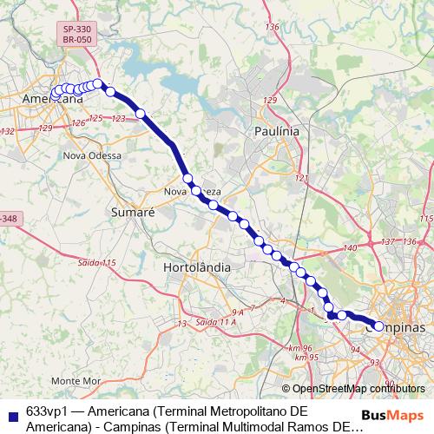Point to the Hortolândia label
(x=197, y=268)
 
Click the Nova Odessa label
(x=92, y=155)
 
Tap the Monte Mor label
(x=76, y=381)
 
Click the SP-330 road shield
(x=77, y=30)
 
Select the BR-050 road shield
(x=77, y=41)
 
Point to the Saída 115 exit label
(x=96, y=262)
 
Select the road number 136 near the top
(x=273, y=28)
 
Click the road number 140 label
(x=349, y=249)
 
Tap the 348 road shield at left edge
(x=9, y=219)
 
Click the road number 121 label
(x=302, y=178)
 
